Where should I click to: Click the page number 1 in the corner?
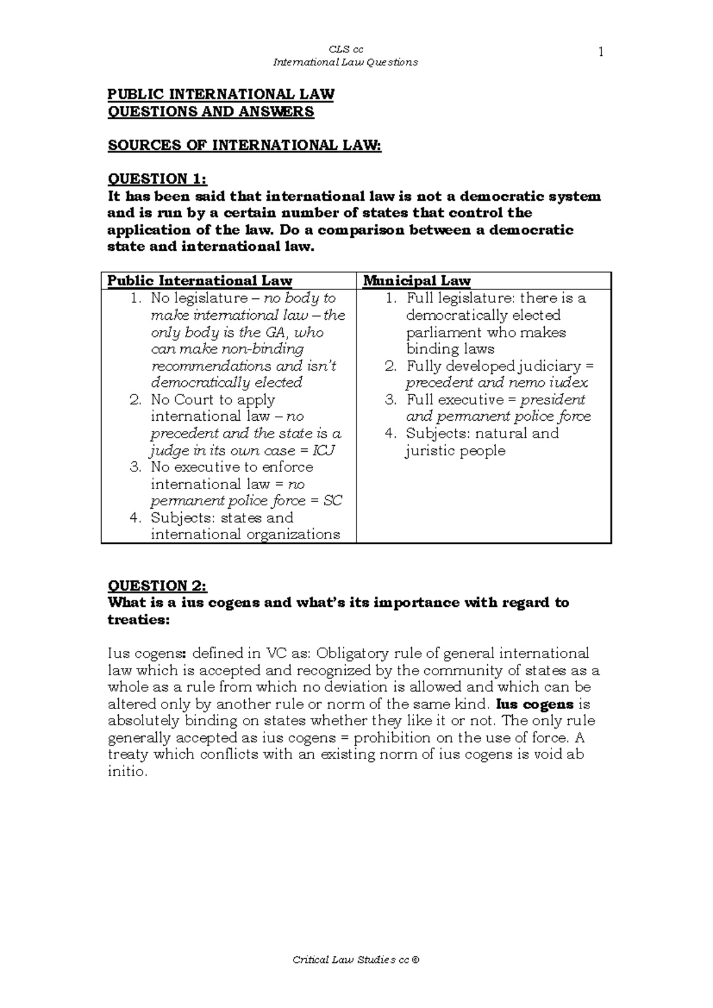(601, 52)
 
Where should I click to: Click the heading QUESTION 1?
(157, 179)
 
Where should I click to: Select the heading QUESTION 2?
(157, 586)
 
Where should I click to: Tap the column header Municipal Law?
(417, 281)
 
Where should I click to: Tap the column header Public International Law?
(200, 281)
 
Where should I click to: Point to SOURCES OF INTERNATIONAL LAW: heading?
(244, 146)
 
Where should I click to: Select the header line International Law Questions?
(345, 62)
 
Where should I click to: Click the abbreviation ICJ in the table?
(323, 451)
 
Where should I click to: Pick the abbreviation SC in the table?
(333, 501)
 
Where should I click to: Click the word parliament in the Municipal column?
(443, 332)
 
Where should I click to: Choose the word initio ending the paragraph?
(125, 773)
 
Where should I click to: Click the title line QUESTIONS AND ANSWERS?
(210, 112)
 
